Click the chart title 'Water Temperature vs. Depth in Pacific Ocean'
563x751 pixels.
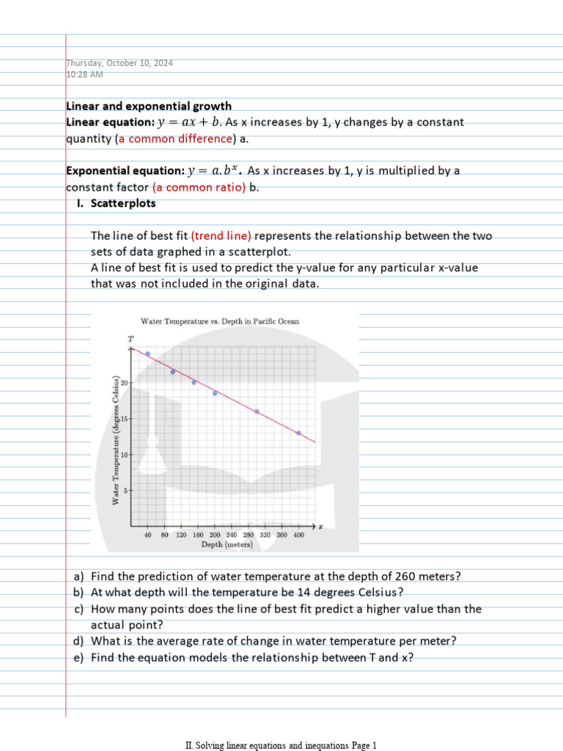pos(219,321)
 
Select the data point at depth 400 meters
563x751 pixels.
pos(298,433)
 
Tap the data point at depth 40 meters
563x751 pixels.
pos(147,353)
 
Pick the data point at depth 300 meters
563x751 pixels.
pos(257,411)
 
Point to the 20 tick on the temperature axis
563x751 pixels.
pos(125,383)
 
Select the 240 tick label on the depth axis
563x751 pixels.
pos(231,536)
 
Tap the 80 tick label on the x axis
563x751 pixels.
pos(165,536)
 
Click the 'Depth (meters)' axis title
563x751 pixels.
pos(227,545)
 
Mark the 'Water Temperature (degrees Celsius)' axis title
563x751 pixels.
pos(115,439)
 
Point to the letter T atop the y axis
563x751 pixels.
pos(130,339)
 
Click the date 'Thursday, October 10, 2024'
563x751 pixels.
pos(119,63)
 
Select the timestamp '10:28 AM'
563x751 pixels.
pos(85,74)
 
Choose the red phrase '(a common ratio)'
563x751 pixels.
pos(199,187)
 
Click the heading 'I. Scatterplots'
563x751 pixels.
pos(117,203)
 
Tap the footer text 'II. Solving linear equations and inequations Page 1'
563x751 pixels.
pos(281,745)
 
